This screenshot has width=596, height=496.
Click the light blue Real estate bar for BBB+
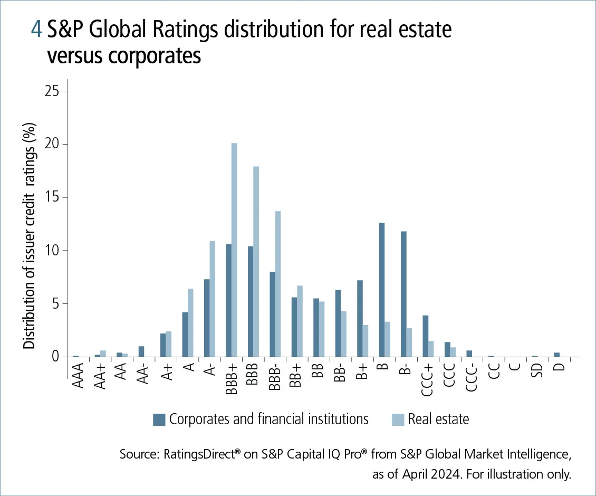coord(234,250)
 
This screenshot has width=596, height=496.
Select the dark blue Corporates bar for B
coord(381,290)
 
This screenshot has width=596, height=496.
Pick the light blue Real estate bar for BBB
coord(256,262)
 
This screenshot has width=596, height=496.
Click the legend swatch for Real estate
coord(398,419)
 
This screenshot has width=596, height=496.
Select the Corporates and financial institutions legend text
coord(268,419)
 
